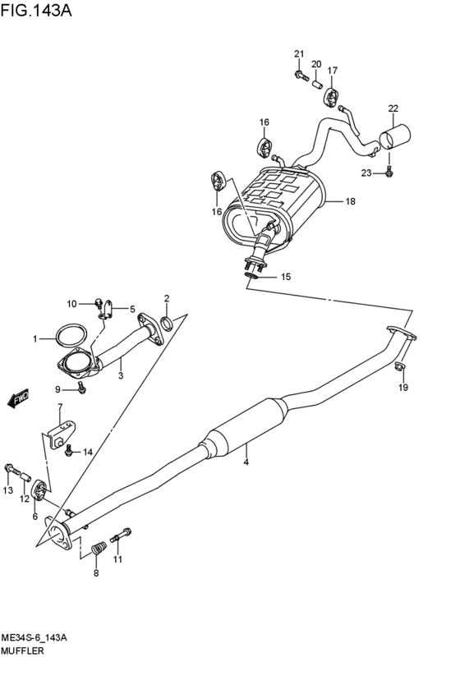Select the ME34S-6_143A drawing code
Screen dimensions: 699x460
tap(39, 637)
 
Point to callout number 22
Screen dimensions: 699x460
tap(393, 108)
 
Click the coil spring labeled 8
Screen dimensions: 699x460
tap(98, 546)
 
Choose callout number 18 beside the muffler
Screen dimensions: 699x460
tap(350, 201)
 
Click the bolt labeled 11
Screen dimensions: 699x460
tap(122, 535)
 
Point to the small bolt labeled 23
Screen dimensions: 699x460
tap(389, 172)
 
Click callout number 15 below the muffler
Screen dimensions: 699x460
tap(286, 277)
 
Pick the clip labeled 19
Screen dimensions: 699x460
tap(399, 367)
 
